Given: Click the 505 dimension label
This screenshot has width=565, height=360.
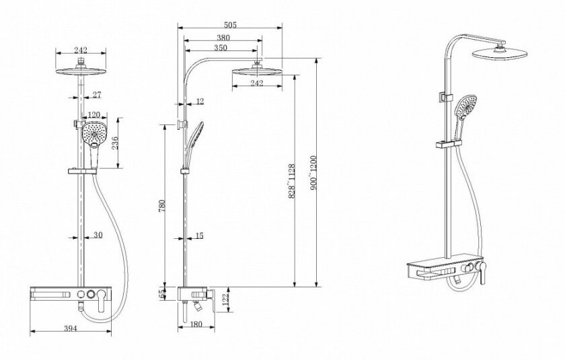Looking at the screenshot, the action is point(230,24).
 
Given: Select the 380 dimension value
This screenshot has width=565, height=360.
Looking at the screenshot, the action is point(223,37).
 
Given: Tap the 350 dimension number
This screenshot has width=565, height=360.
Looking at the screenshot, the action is point(221,48).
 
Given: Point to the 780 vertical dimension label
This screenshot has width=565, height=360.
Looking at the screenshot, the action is point(162,205).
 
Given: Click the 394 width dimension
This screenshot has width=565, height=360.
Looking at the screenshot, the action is point(70,328).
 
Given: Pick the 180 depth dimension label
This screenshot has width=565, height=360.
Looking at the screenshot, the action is point(196,324).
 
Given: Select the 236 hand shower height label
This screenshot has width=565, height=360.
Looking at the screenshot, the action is point(114,143).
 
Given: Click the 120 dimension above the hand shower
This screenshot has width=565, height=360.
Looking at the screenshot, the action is point(93,114).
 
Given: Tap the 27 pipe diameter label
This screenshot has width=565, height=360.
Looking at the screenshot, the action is point(97,95).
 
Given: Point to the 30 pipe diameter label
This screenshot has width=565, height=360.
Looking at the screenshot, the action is point(98,235).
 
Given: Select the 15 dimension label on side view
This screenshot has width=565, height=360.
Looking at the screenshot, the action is point(199,236).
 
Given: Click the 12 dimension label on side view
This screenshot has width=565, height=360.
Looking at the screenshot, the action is point(200,101).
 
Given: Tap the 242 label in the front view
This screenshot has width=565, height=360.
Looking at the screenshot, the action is point(81,50).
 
